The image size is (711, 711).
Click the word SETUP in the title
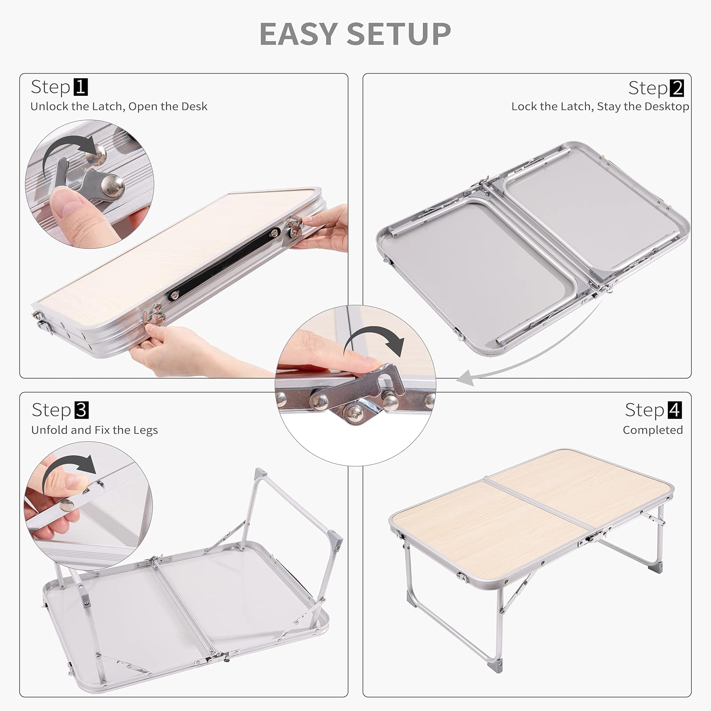(399, 34)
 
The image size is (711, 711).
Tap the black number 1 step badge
(81, 87)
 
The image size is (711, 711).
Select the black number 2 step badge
(677, 88)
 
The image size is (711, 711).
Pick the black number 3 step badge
(82, 410)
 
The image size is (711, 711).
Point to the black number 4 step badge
(675, 410)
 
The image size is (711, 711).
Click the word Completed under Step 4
(653, 430)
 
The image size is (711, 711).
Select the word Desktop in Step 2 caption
(666, 107)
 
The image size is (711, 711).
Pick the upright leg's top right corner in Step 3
(337, 540)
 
